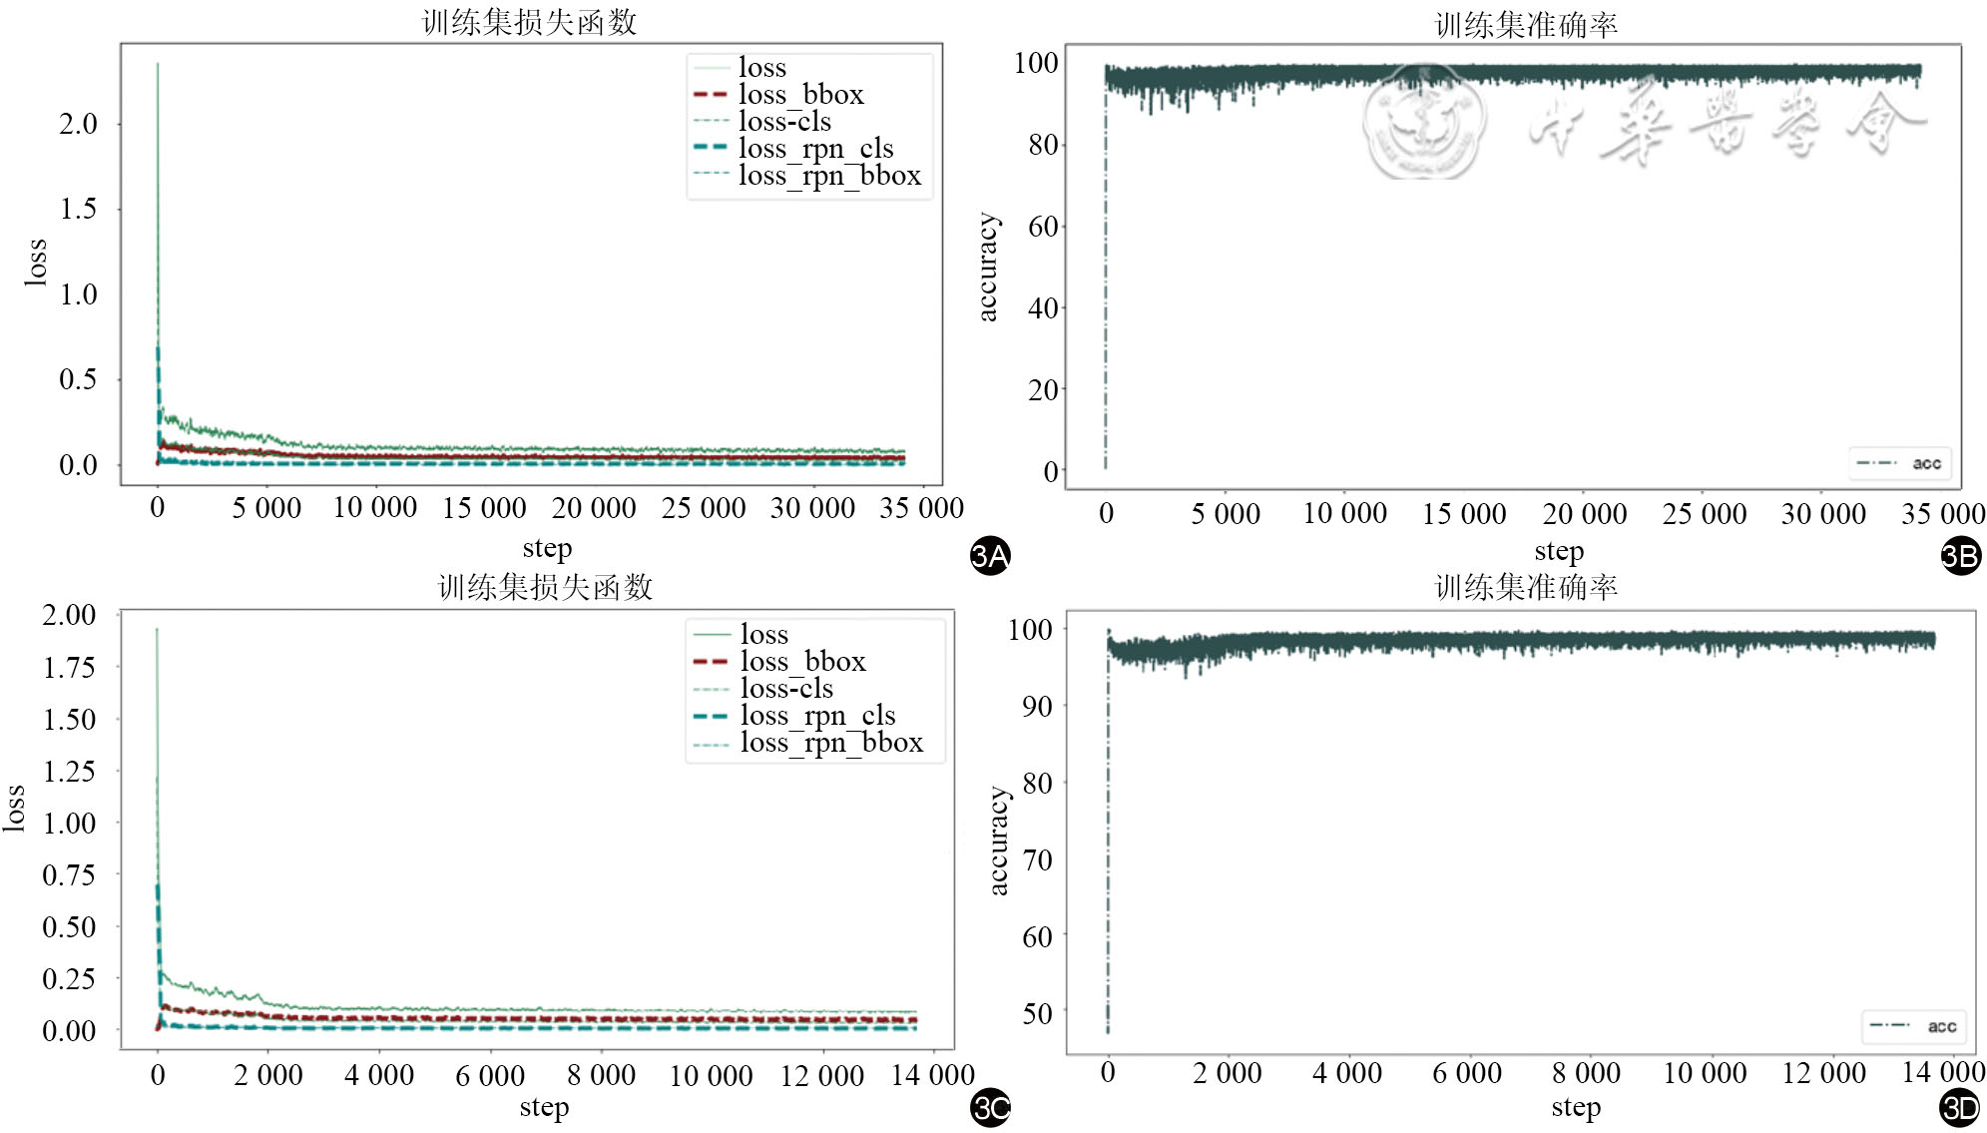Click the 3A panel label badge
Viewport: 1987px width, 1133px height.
point(990,555)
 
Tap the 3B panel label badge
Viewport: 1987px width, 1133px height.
point(1960,555)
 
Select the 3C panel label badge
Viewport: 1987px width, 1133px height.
point(990,1107)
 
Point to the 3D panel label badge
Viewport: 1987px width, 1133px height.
point(1960,1107)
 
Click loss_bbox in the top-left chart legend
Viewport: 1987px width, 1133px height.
point(800,95)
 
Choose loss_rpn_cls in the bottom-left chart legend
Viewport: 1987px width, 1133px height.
point(817,716)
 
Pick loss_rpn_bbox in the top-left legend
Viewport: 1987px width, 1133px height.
point(829,176)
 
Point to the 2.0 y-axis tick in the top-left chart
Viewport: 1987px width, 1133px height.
point(78,124)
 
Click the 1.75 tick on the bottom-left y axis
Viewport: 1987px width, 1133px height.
point(69,667)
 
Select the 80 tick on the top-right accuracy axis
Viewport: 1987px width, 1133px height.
point(1043,146)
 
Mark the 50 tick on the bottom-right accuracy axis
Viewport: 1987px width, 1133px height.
point(1037,1013)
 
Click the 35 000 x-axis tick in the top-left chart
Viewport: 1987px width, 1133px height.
point(921,508)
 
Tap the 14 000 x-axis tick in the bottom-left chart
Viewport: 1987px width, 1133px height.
point(932,1075)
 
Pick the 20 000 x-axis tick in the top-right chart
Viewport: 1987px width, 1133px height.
point(1584,514)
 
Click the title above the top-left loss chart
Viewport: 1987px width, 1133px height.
point(529,22)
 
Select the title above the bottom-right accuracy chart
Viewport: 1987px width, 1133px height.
point(1526,587)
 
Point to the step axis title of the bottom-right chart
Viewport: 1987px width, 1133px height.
point(1576,1107)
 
